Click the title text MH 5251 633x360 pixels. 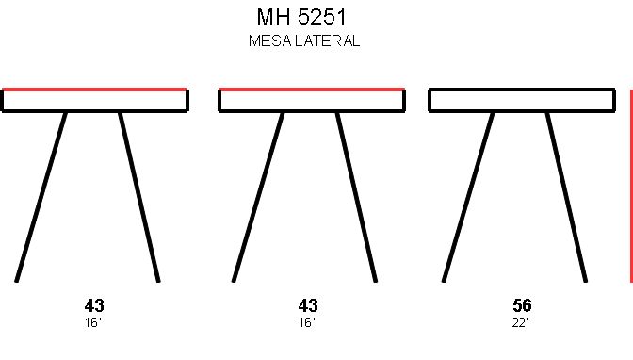[301, 17]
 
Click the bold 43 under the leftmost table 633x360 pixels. [94, 305]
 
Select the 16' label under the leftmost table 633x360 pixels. [93, 323]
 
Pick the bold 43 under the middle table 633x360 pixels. [308, 305]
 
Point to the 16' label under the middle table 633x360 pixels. [307, 323]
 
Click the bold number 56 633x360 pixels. [522, 305]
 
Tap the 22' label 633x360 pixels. [520, 323]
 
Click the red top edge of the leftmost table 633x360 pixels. [94, 90]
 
